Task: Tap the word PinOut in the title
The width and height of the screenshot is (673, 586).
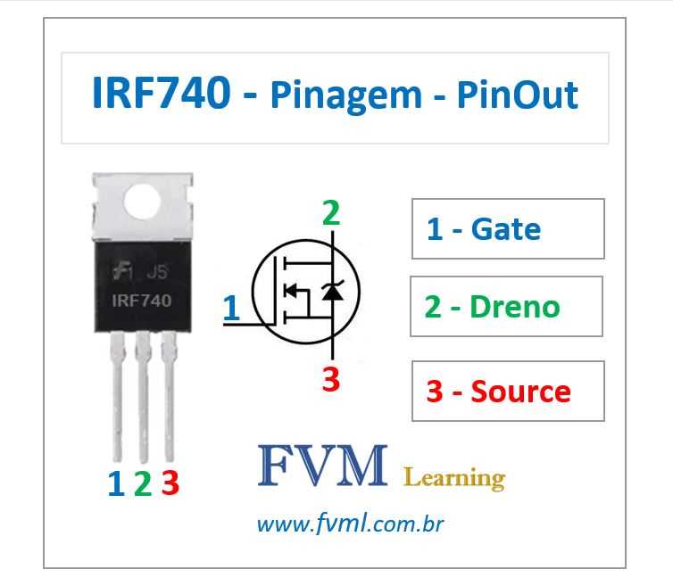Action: pyautogui.click(x=517, y=95)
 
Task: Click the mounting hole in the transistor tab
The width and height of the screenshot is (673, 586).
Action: pyautogui.click(x=145, y=202)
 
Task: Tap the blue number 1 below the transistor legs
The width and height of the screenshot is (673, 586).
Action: pyautogui.click(x=115, y=483)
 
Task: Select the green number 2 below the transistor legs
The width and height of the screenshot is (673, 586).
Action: pyautogui.click(x=142, y=483)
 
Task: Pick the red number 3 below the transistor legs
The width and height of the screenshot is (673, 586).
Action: pyautogui.click(x=170, y=483)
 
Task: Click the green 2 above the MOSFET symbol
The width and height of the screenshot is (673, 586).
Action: pyautogui.click(x=331, y=213)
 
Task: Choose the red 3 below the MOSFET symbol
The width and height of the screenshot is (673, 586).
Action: pyautogui.click(x=331, y=379)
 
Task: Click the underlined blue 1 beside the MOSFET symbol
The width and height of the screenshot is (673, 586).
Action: pyautogui.click(x=231, y=308)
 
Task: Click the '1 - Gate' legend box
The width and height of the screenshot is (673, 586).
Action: pyautogui.click(x=508, y=229)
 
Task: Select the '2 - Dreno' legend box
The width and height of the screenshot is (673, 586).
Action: pyautogui.click(x=506, y=306)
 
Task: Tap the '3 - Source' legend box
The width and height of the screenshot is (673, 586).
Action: pyautogui.click(x=508, y=391)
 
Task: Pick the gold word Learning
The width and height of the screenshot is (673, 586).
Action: pyautogui.click(x=454, y=477)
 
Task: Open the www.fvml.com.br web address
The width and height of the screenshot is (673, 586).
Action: pyautogui.click(x=350, y=524)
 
